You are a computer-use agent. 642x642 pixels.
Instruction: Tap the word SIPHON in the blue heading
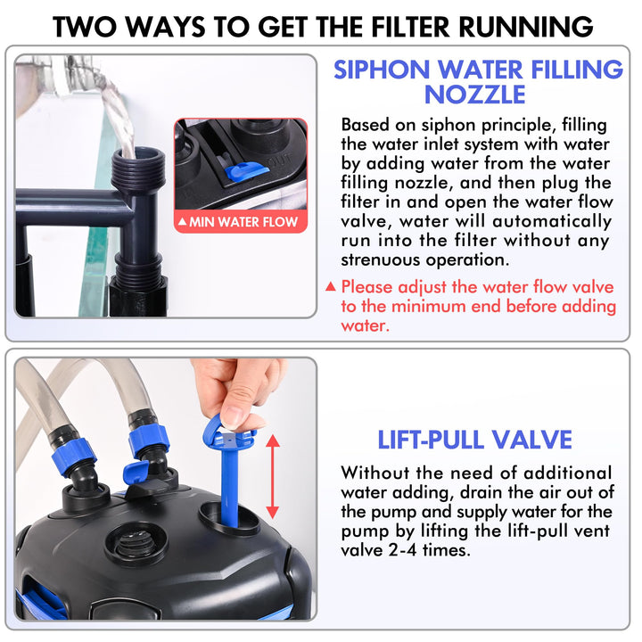[x=382, y=70]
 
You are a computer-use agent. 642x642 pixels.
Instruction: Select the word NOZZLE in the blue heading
[x=475, y=95]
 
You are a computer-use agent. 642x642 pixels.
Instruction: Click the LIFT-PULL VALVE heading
[x=474, y=440]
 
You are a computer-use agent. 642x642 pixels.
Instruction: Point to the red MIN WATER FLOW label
[x=241, y=221]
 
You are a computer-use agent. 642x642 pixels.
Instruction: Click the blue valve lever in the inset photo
[x=246, y=170]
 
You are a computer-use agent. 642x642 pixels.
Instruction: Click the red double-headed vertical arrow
[x=273, y=477]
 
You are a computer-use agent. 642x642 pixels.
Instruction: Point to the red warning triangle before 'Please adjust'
[x=331, y=286]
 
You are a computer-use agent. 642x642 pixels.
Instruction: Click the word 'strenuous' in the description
[x=380, y=259]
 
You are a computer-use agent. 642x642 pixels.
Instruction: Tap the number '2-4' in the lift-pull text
[x=402, y=549]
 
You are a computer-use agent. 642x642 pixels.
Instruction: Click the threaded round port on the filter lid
[x=136, y=544]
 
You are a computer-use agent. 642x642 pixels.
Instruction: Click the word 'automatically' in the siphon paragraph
[x=552, y=222]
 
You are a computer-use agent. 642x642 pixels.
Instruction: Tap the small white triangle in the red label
[x=182, y=221]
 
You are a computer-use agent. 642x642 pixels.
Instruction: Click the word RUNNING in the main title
[x=526, y=27]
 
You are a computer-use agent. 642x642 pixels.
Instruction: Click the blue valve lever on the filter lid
[x=136, y=473]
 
